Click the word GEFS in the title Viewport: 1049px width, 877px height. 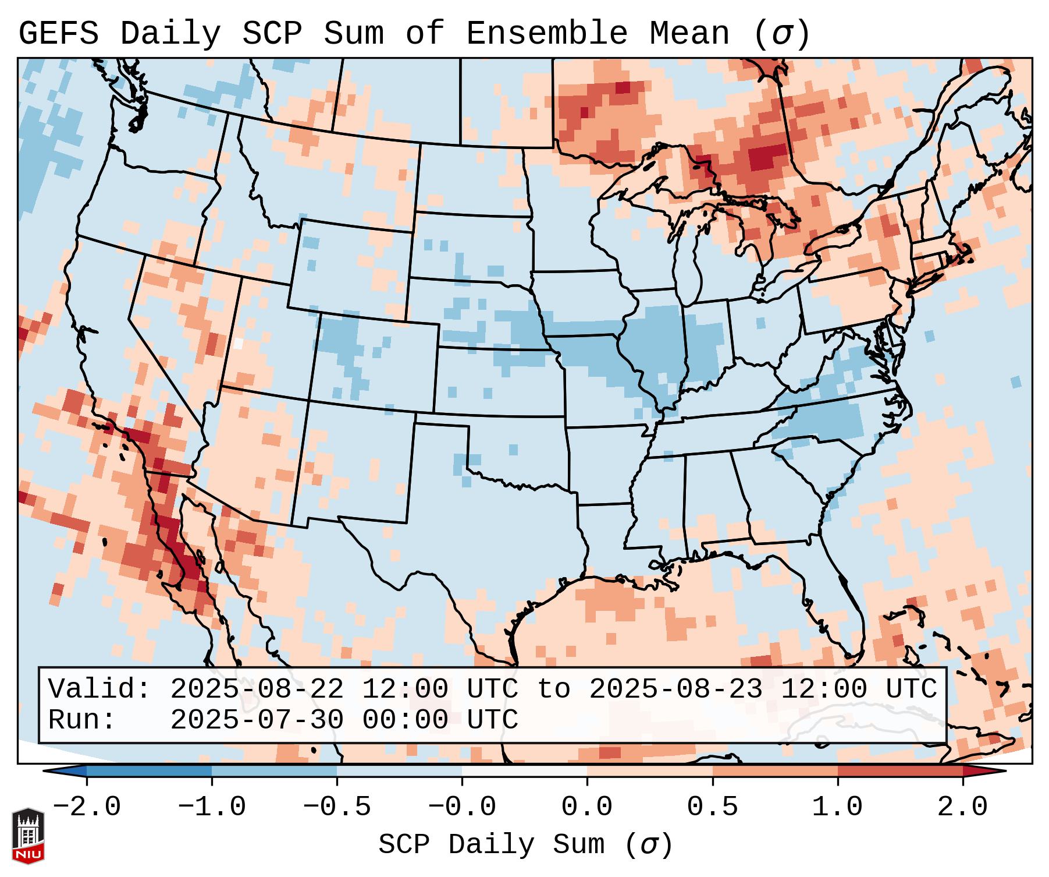pos(58,34)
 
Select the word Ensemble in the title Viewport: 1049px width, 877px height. pos(547,34)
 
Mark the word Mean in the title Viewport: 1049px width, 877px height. pos(689,34)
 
